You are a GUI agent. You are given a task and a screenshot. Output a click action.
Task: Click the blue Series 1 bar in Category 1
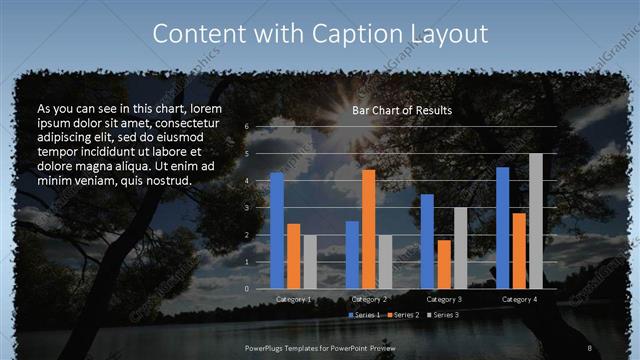pyautogui.click(x=276, y=230)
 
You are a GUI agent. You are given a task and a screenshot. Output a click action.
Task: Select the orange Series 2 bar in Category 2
pyautogui.click(x=368, y=229)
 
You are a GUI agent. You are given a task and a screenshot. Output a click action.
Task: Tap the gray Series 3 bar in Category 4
pyautogui.click(x=536, y=221)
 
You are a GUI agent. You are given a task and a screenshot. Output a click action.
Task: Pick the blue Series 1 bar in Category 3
pyautogui.click(x=427, y=241)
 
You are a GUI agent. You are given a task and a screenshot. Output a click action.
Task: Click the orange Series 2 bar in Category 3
pyautogui.click(x=444, y=264)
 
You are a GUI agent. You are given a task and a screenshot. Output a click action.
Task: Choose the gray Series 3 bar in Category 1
pyautogui.click(x=310, y=262)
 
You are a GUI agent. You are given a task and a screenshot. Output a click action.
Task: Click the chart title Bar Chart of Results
pyautogui.click(x=402, y=110)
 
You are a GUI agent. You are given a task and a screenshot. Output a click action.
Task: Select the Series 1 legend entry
pyautogui.click(x=363, y=316)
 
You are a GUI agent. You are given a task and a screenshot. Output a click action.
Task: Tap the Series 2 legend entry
pyautogui.click(x=403, y=316)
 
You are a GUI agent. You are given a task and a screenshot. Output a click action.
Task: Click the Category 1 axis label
pyautogui.click(x=293, y=299)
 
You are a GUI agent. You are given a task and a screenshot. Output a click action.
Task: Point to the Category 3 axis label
pyautogui.click(x=444, y=299)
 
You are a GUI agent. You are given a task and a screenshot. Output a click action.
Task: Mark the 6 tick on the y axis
pyautogui.click(x=247, y=127)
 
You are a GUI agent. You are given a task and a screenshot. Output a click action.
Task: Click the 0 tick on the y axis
pyautogui.click(x=247, y=289)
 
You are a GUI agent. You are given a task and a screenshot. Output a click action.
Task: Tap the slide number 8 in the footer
pyautogui.click(x=590, y=347)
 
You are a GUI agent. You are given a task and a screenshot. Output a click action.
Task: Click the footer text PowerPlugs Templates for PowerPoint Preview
pyautogui.click(x=321, y=347)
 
